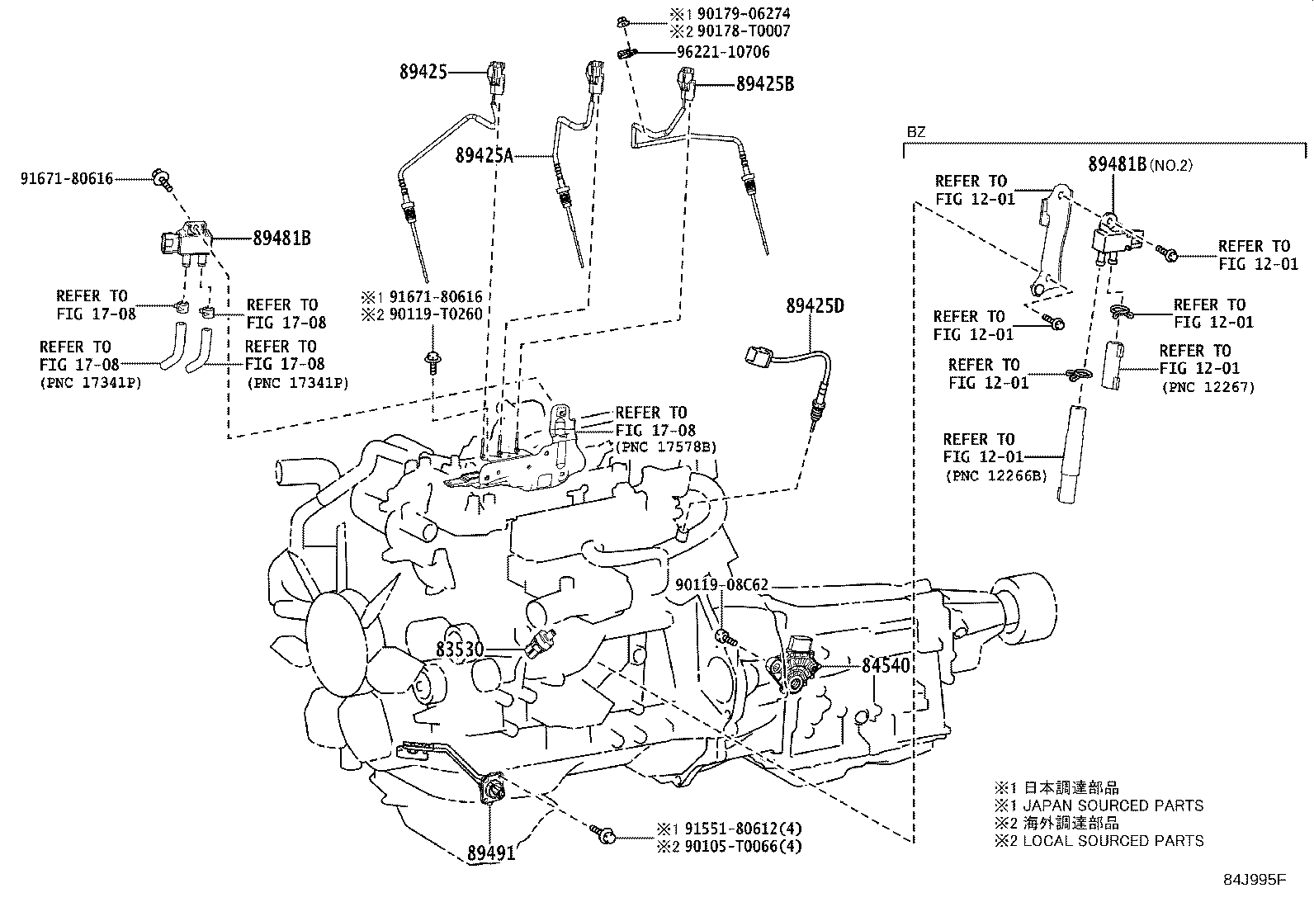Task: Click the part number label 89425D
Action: coord(815,306)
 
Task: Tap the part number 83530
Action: coord(460,650)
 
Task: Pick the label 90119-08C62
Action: coord(721,585)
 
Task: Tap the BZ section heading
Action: coord(915,131)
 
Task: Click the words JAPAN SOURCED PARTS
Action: coord(1112,805)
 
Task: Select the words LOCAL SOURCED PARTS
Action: coord(1112,841)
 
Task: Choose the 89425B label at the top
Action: coord(764,83)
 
